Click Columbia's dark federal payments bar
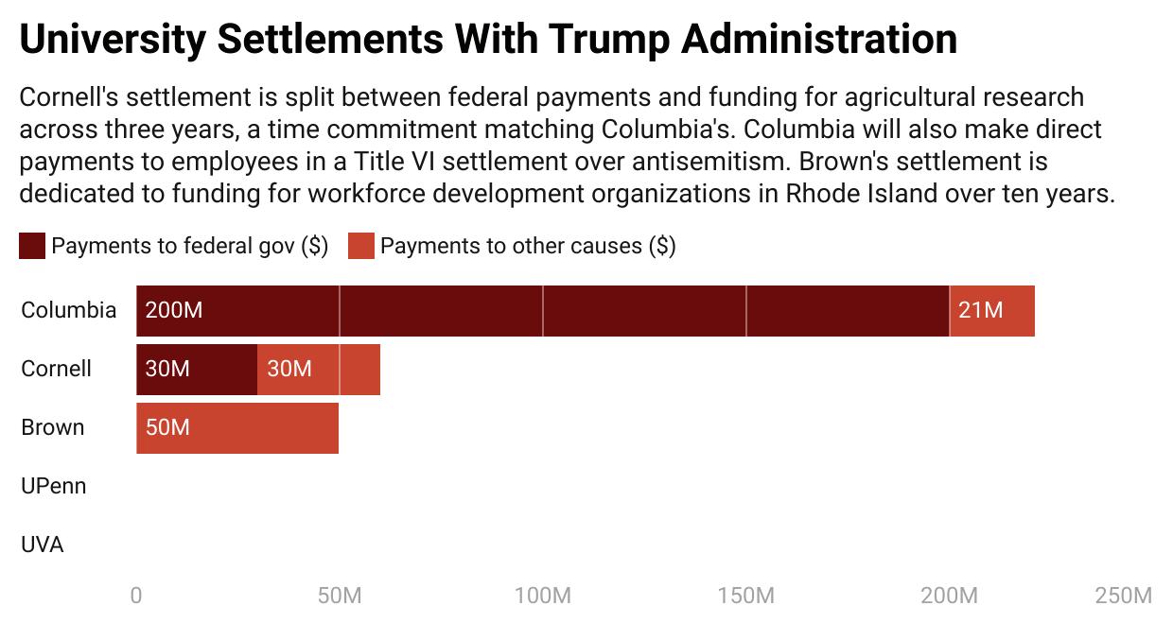pyautogui.click(x=568, y=311)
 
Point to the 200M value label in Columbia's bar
pyautogui.click(x=174, y=311)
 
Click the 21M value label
pyautogui.click(x=980, y=311)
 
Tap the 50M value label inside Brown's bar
pyautogui.click(x=167, y=428)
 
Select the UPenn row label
pyautogui.click(x=53, y=487)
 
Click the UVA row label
pyautogui.click(x=42, y=545)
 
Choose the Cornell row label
pyautogui.click(x=56, y=370)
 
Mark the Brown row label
pyautogui.click(x=52, y=428)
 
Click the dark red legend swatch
pyautogui.click(x=32, y=247)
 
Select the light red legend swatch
pyautogui.click(x=361, y=247)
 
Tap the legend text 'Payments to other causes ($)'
pyautogui.click(x=528, y=247)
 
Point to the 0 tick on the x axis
pyautogui.click(x=136, y=597)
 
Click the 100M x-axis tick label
pyautogui.click(x=543, y=597)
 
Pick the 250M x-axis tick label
pyautogui.click(x=1124, y=597)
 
